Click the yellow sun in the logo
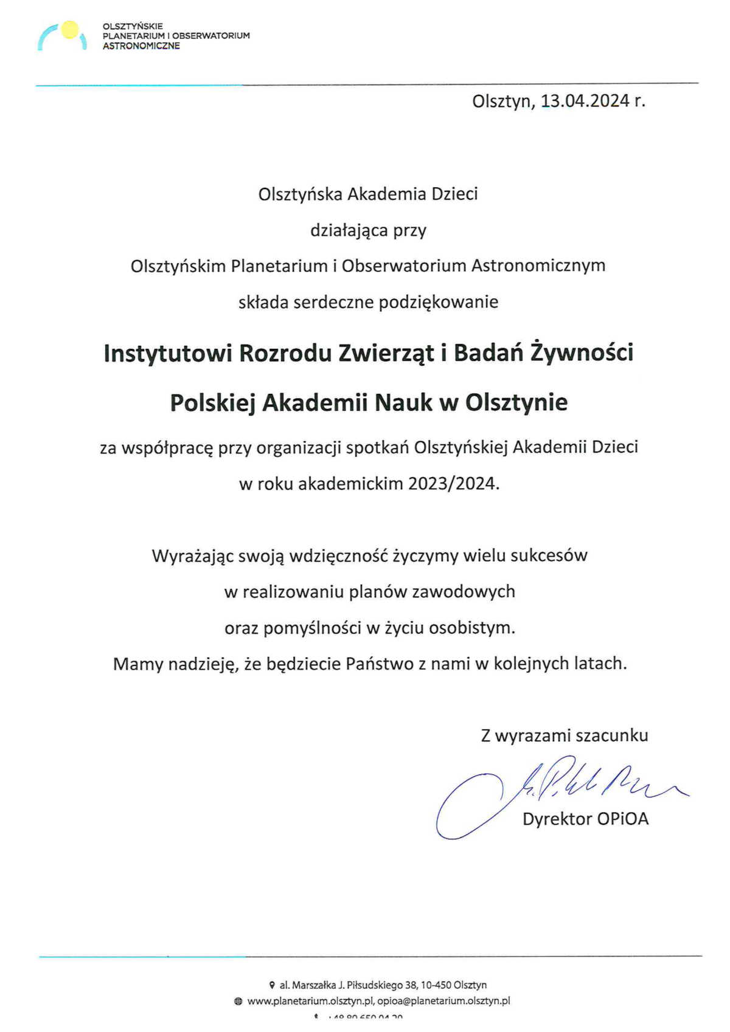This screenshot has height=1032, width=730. tap(70, 29)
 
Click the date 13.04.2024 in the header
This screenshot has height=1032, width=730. tap(585, 101)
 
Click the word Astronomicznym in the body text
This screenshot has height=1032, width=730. tap(538, 266)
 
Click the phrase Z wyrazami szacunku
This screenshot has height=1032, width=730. tap(565, 735)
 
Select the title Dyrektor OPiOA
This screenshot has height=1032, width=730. tap(585, 819)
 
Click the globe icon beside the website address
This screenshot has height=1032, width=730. tap(238, 1001)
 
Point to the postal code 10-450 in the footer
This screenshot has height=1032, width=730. tap(436, 985)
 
